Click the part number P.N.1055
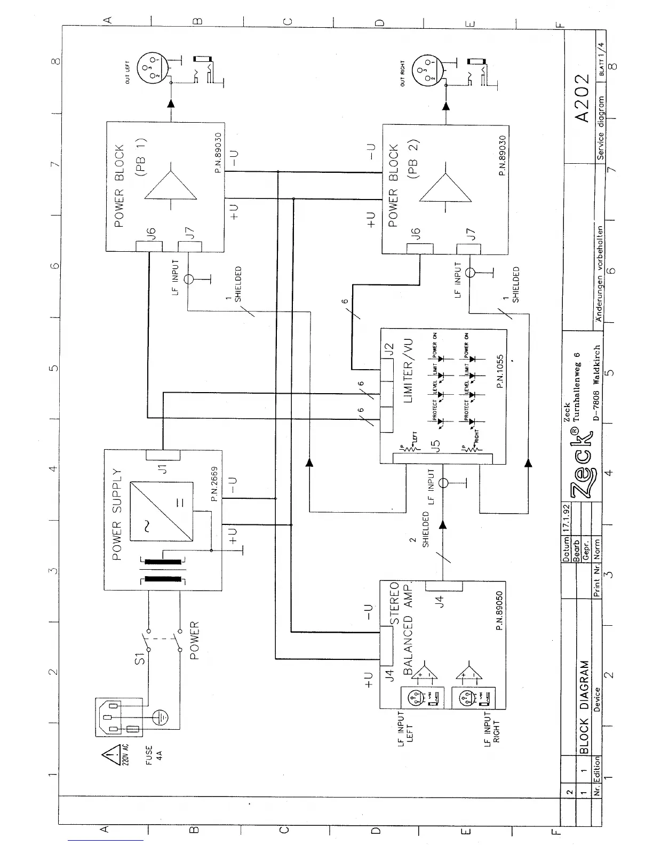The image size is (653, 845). [499, 371]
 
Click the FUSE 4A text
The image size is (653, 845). [153, 755]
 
